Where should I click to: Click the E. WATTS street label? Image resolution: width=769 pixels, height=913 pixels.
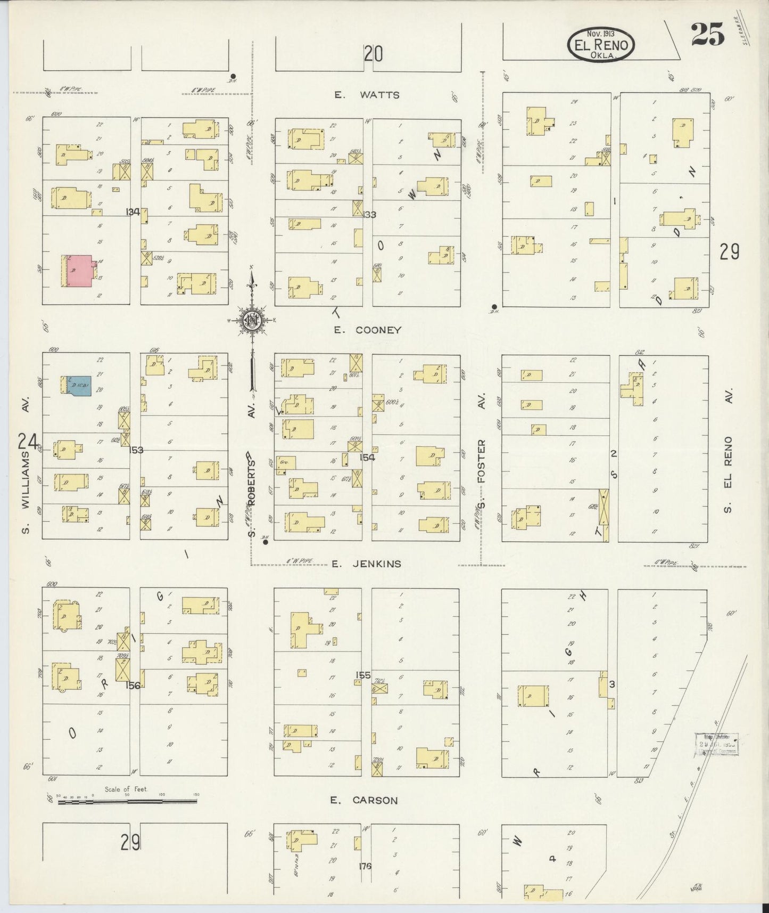coord(367,95)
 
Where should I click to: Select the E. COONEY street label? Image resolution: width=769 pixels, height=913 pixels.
coord(367,330)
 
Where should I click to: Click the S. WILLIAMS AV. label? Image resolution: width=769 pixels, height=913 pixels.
coord(25,464)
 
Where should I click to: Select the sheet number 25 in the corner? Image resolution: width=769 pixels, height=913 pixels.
coord(708,35)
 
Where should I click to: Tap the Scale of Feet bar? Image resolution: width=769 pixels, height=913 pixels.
coord(128,800)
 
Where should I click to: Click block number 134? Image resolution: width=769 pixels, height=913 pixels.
coord(133,212)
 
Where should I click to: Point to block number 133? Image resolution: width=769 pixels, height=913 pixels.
coord(368,215)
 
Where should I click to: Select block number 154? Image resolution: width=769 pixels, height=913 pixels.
coord(367,457)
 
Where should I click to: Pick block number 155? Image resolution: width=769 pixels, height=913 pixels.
coord(363,675)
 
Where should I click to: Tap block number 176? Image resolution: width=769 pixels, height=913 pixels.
coord(365,866)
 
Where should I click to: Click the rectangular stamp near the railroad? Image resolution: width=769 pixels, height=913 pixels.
coord(716,745)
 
